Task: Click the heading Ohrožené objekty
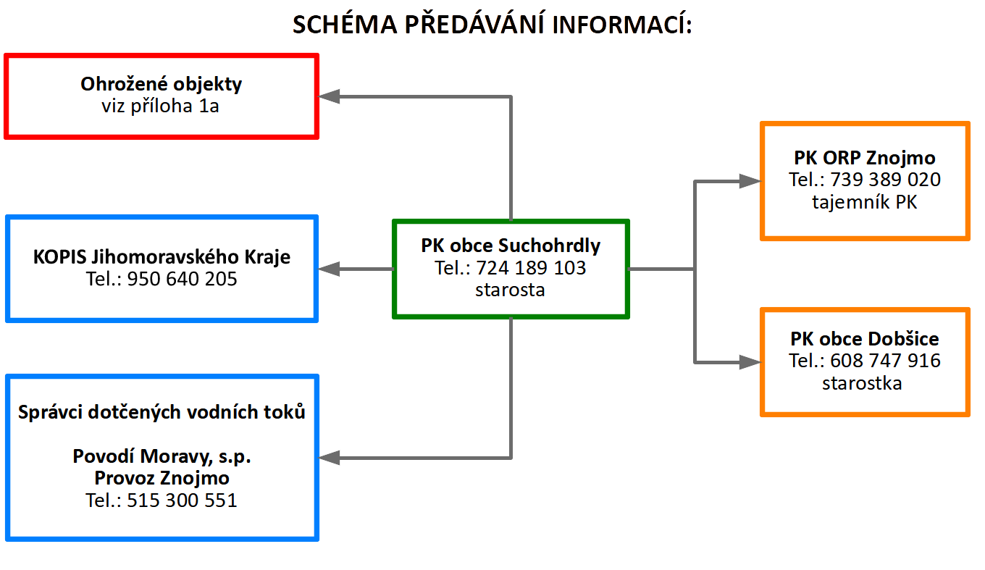pyautogui.click(x=161, y=84)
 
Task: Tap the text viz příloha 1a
pyautogui.click(x=161, y=106)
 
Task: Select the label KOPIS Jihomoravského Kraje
pyautogui.click(x=162, y=257)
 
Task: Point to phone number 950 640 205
pyautogui.click(x=182, y=279)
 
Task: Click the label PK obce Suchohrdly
pyautogui.click(x=511, y=246)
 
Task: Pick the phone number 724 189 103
pyautogui.click(x=531, y=268)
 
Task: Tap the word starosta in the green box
pyautogui.click(x=510, y=290)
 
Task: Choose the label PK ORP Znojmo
pyautogui.click(x=864, y=158)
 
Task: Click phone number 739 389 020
pyautogui.click(x=885, y=180)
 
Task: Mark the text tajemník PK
pyautogui.click(x=864, y=202)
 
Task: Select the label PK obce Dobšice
pyautogui.click(x=864, y=339)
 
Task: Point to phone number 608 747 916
pyautogui.click(x=885, y=361)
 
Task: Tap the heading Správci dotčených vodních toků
pyautogui.click(x=162, y=413)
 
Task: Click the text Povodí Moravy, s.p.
pyautogui.click(x=162, y=457)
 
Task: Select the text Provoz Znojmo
pyautogui.click(x=162, y=479)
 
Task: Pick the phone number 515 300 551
pyautogui.click(x=182, y=500)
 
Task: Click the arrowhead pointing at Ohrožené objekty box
pyautogui.click(x=330, y=96)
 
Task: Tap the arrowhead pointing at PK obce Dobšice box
pyautogui.click(x=749, y=361)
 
